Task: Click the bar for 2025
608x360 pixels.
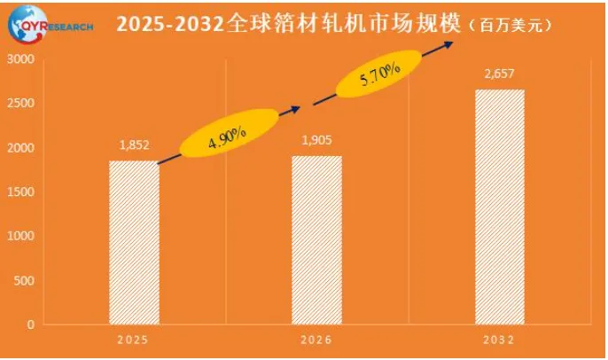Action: click(x=134, y=243)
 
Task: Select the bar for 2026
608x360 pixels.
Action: click(x=316, y=240)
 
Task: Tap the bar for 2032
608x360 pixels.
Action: click(x=499, y=207)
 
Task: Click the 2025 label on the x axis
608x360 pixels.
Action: click(x=133, y=340)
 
